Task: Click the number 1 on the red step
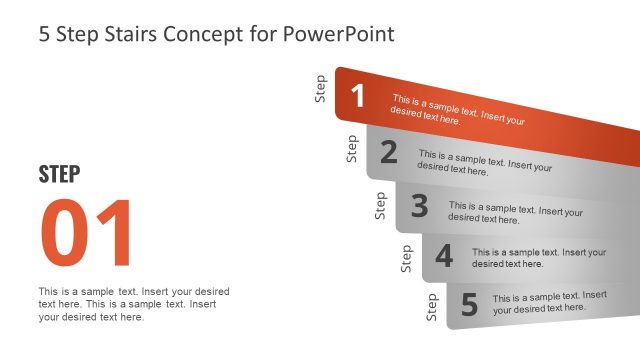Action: tap(358, 96)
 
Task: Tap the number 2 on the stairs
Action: tap(389, 152)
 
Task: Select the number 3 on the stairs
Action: tap(419, 206)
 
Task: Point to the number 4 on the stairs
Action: tap(444, 256)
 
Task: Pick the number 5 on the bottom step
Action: tap(469, 303)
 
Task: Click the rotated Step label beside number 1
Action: tap(321, 89)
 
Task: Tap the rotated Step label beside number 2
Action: tap(351, 148)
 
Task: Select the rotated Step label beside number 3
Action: tap(380, 205)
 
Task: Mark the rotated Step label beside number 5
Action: tap(432, 307)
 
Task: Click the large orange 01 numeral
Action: tap(86, 234)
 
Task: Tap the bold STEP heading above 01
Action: tap(60, 174)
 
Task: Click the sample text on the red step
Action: tap(458, 110)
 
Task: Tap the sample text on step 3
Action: tap(515, 212)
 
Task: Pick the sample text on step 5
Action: tap(549, 302)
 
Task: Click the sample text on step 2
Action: tap(485, 162)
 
